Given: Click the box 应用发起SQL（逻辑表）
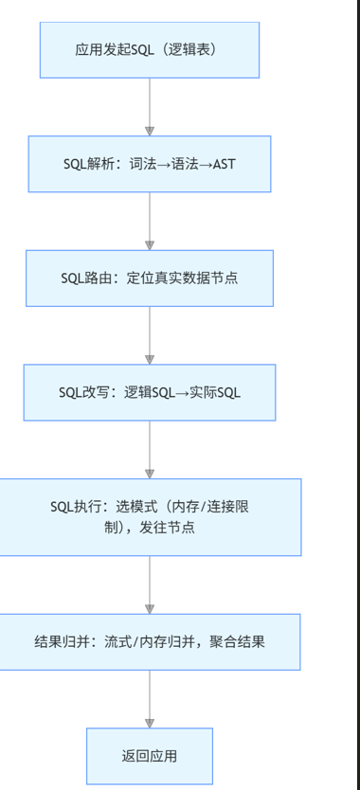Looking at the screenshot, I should click(x=150, y=49).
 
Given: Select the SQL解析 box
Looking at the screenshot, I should click(x=150, y=164).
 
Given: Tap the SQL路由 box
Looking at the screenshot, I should click(x=150, y=278).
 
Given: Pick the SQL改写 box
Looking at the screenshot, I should click(x=150, y=392).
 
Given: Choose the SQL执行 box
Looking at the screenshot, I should click(x=150, y=517).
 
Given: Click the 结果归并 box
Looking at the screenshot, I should click(x=150, y=641).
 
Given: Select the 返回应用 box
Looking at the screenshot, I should click(x=150, y=756).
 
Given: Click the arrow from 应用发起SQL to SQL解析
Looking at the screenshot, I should click(x=150, y=106).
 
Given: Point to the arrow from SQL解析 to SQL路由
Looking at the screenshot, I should click(x=150, y=221).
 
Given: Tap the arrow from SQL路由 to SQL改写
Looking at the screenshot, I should click(x=150, y=335).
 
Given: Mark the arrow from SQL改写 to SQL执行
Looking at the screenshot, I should click(x=150, y=449).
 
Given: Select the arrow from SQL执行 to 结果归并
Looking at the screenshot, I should click(x=150, y=584).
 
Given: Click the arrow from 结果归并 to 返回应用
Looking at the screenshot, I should click(x=150, y=699).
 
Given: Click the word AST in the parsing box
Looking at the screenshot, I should click(x=225, y=164).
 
